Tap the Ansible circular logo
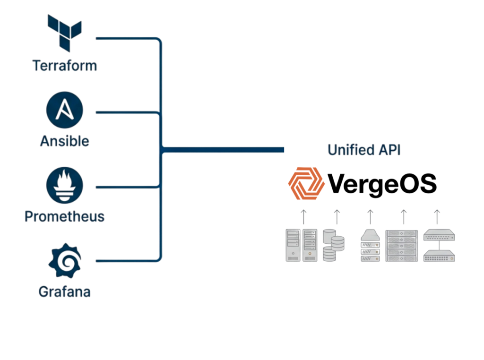coord(65,111)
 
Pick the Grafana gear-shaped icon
coord(66,261)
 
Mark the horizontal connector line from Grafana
coord(126,260)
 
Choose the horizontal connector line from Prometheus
coord(126,187)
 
